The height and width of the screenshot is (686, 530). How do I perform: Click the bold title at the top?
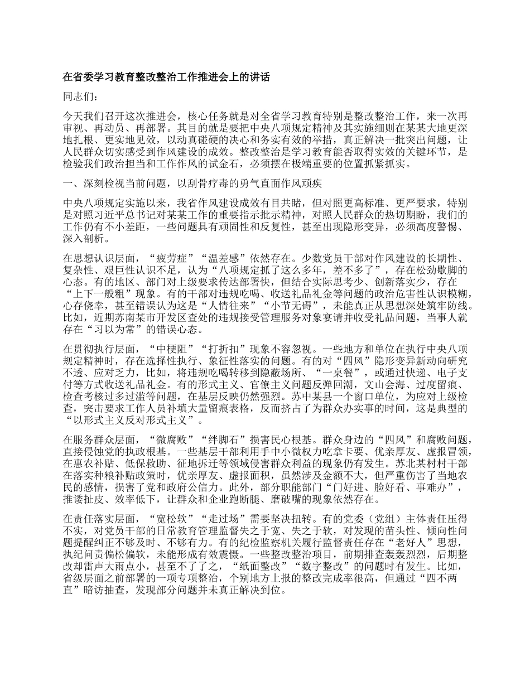[x=166, y=78]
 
